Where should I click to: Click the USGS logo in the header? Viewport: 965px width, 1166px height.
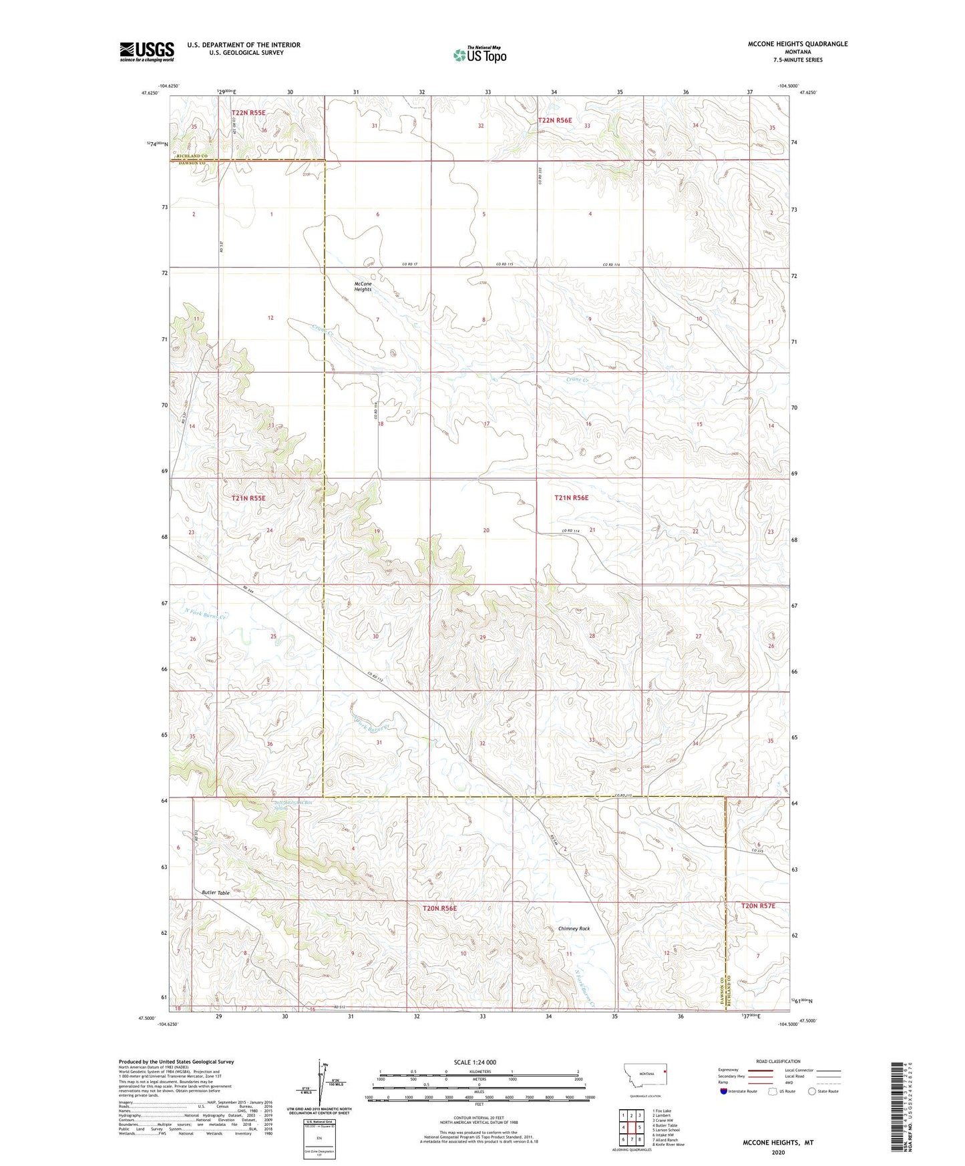click(x=147, y=51)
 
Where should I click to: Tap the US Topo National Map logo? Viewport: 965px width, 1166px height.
click(x=479, y=54)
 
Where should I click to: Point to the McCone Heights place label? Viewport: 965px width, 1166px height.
click(x=363, y=286)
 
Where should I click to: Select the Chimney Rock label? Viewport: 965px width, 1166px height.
click(x=574, y=929)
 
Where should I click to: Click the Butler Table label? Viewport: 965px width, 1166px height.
click(x=216, y=893)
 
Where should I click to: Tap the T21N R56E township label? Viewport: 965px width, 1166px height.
click(x=571, y=498)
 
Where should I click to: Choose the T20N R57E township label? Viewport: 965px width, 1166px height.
click(x=758, y=906)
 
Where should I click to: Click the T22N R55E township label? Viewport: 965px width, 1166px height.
click(x=248, y=113)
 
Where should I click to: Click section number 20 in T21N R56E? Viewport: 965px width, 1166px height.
click(x=486, y=530)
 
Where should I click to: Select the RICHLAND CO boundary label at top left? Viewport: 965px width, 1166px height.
click(x=188, y=156)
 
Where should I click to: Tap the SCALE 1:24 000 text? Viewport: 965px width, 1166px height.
click(x=475, y=1062)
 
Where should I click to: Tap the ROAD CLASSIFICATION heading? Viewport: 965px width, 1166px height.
click(x=778, y=1061)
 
